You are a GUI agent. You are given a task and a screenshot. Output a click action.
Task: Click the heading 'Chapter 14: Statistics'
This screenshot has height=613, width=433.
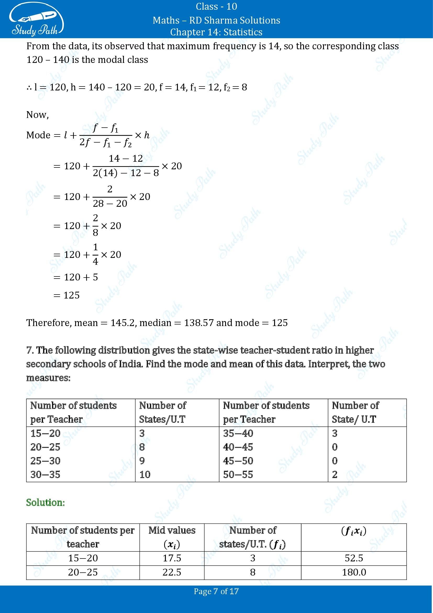pos(216,32)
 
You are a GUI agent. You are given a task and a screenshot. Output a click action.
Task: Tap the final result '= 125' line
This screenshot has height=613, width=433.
pos(67,295)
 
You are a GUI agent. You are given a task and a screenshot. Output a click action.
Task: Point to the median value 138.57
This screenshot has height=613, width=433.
pos(199,323)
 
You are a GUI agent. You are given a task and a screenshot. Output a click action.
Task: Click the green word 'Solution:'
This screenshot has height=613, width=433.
pos(46,502)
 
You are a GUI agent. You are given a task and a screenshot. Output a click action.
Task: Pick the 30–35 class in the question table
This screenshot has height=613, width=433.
pos(46,474)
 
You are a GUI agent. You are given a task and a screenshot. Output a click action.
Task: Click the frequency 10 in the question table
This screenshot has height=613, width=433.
pos(145,474)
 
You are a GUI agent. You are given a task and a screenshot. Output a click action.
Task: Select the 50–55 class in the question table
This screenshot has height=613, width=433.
pos(238,474)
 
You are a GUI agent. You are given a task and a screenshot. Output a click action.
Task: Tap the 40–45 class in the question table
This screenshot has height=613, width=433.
pos(238,447)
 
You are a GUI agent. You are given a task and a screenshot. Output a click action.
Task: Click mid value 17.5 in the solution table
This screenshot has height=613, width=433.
pos(172,558)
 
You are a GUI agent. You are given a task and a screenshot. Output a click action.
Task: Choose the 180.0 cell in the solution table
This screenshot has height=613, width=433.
pos(354,572)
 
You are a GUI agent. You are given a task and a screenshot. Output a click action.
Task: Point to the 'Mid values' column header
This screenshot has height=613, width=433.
pos(172,530)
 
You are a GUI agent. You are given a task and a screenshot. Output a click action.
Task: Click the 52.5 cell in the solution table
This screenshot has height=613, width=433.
pos(354,558)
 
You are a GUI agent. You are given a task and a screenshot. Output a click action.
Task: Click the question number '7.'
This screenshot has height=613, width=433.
pos(30,350)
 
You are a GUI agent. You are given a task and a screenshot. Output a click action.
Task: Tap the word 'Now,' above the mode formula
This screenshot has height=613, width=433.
pos(38,115)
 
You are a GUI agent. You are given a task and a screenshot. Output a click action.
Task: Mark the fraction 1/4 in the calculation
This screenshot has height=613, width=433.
pos(96,254)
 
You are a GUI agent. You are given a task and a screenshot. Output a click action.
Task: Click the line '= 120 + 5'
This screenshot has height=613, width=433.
pos(76,277)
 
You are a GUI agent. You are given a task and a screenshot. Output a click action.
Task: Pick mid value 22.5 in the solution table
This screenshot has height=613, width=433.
pos(172,572)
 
